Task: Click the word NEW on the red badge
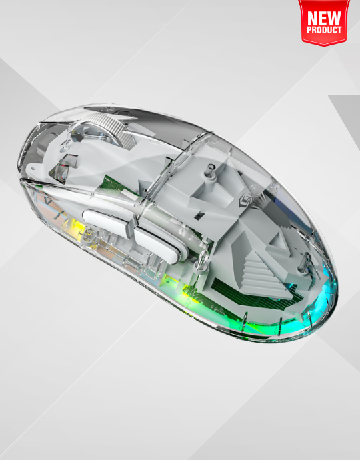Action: point(324,18)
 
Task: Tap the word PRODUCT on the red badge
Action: point(324,30)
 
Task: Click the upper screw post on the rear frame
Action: point(211,171)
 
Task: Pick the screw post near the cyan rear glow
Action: point(305,262)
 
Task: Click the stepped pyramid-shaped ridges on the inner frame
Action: point(261,273)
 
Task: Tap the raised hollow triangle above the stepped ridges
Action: point(278,241)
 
